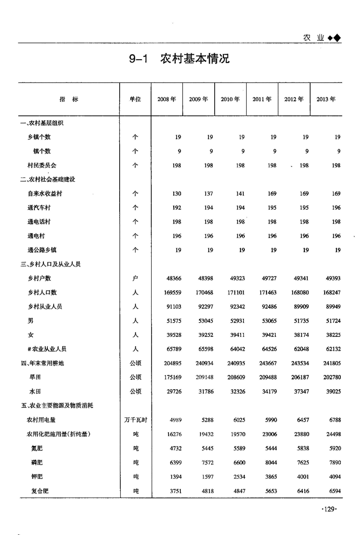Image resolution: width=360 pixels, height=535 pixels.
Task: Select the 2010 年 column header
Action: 230,99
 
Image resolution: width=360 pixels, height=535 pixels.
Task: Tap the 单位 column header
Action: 135,99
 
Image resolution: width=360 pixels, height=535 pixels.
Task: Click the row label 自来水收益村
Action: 45,194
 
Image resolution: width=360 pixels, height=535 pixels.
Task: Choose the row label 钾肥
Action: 36,477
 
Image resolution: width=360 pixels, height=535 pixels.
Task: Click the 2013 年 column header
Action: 326,99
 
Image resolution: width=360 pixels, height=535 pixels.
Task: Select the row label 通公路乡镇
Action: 42,250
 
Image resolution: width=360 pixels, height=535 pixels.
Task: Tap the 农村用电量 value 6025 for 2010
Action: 239,420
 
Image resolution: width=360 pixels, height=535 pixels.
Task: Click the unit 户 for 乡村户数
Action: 135,278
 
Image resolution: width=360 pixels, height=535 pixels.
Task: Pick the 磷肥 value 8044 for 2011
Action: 270,463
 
